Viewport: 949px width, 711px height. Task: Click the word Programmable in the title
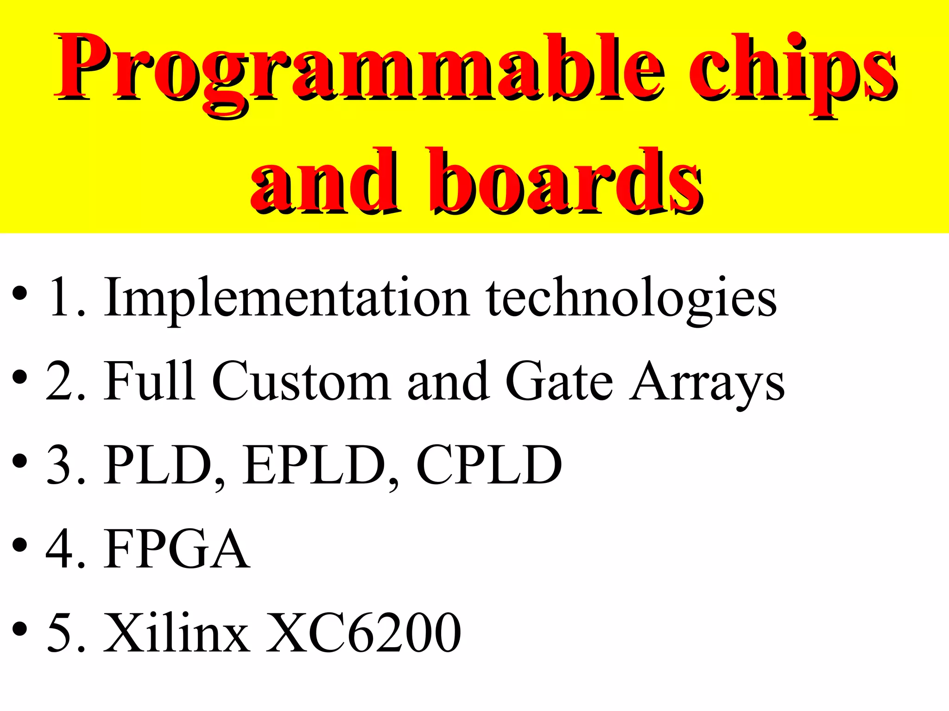[x=359, y=69]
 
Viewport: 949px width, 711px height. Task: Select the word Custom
[x=301, y=382]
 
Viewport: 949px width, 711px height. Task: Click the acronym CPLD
[x=489, y=465]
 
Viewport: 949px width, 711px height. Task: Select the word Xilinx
[x=176, y=632]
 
